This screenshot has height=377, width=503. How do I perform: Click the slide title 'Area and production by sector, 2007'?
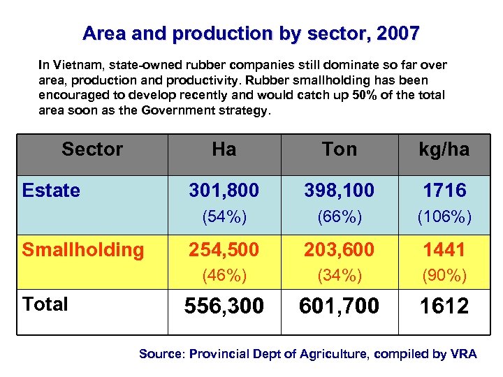tap(251, 34)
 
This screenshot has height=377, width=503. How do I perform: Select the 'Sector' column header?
tap(92, 149)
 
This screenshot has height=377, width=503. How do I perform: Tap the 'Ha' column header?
tap(224, 149)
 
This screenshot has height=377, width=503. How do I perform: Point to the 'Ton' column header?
tap(340, 149)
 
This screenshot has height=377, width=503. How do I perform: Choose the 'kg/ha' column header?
tap(444, 149)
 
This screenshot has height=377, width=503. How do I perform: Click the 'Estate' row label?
tap(51, 191)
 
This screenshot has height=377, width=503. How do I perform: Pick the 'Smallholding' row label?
tap(83, 249)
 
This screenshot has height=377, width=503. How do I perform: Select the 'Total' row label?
tap(45, 304)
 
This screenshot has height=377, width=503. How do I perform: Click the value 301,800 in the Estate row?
tap(224, 191)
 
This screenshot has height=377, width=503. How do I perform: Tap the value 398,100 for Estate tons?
tap(340, 191)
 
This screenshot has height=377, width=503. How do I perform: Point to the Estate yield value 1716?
tap(444, 191)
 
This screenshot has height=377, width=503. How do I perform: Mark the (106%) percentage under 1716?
tap(444, 217)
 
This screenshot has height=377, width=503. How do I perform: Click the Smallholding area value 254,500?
tap(224, 249)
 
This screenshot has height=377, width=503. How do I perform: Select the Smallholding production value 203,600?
tap(340, 249)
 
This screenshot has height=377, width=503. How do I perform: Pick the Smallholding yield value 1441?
tap(444, 249)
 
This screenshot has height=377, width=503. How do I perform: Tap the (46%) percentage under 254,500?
tap(224, 276)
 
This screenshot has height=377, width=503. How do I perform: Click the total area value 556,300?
tap(224, 306)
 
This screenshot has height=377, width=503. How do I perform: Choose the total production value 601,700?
tap(340, 306)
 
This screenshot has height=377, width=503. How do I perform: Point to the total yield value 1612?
tap(444, 306)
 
